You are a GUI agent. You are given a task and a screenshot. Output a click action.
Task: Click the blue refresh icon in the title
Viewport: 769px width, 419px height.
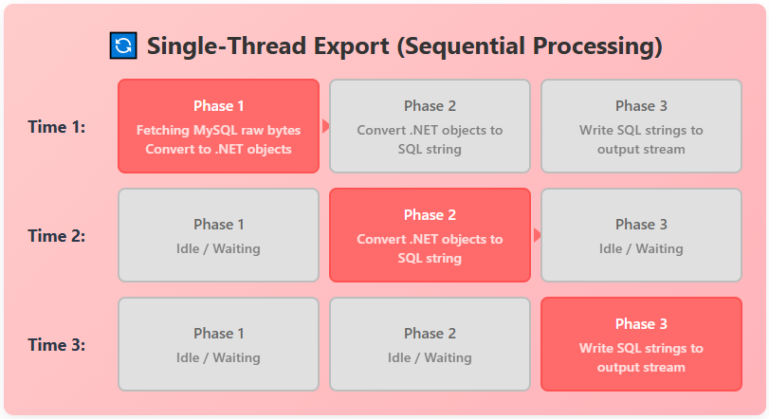[x=123, y=46]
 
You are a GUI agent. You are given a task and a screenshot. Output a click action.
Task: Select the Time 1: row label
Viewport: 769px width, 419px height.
[x=57, y=127]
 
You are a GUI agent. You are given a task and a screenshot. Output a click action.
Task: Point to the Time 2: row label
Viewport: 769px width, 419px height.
[x=57, y=236]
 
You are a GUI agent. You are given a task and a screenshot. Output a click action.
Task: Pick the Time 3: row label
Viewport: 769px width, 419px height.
[x=57, y=345]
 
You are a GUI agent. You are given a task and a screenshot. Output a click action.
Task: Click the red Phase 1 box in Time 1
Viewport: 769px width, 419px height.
[x=218, y=126]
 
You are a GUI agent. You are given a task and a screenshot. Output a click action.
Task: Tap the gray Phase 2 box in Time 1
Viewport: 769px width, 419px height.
[x=430, y=126]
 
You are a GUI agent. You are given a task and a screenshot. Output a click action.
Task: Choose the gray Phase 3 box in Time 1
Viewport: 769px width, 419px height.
[x=641, y=126]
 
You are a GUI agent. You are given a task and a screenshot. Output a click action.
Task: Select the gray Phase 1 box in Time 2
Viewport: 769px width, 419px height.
[x=218, y=235]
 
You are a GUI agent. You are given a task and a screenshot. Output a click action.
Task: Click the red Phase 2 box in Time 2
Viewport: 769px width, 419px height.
[x=430, y=235]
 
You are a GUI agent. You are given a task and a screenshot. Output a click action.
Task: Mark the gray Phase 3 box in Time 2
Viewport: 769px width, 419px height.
[x=641, y=235]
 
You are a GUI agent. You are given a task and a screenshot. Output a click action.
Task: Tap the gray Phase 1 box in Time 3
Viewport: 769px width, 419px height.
[x=218, y=344]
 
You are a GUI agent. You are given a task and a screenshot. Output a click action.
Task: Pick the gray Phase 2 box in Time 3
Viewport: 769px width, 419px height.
[x=430, y=344]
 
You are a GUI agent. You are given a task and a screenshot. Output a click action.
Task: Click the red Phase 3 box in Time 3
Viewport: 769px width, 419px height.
[x=641, y=344]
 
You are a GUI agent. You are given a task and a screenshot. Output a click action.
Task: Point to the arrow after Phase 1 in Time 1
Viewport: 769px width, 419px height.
[x=325, y=126]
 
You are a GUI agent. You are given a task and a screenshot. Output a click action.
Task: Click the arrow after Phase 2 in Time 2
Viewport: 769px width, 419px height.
[x=537, y=235]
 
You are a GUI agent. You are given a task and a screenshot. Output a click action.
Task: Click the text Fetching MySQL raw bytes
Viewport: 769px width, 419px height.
[x=218, y=130]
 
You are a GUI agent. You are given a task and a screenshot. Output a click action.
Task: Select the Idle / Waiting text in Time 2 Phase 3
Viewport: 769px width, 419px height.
[x=641, y=248]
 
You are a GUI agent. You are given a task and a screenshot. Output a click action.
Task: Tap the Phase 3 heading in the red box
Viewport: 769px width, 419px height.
[x=641, y=324]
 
